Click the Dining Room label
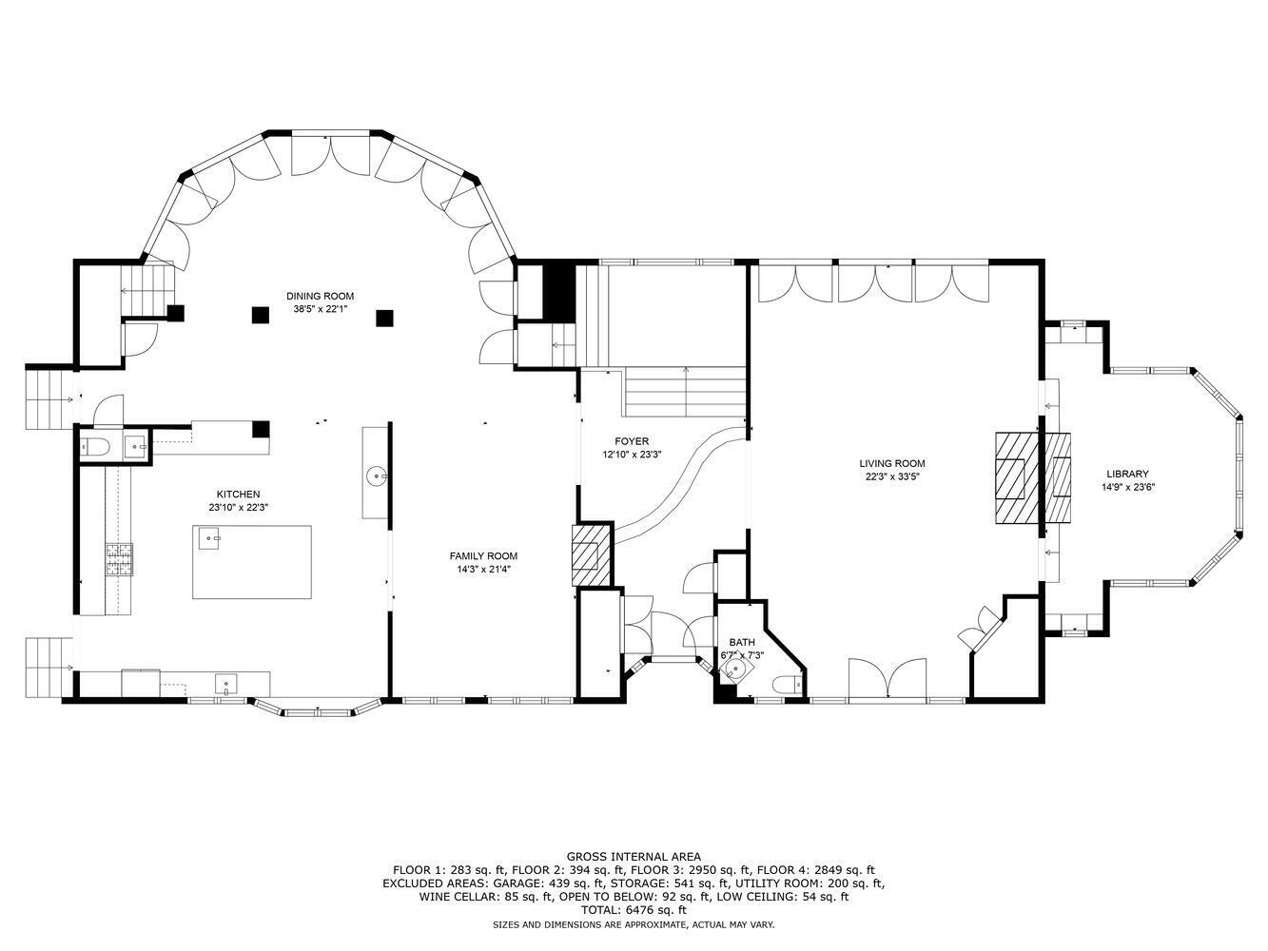pyautogui.click(x=320, y=296)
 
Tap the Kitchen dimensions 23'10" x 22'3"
pyautogui.click(x=239, y=508)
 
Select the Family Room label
pyautogui.click(x=483, y=556)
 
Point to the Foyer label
pyautogui.click(x=632, y=441)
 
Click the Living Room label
pyautogui.click(x=892, y=463)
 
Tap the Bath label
pyautogui.click(x=742, y=642)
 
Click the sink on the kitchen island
pyautogui.click(x=209, y=537)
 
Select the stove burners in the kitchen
pyautogui.click(x=119, y=559)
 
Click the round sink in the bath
pyautogui.click(x=734, y=670)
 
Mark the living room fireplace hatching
pyautogui.click(x=1016, y=478)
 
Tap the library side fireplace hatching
pyautogui.click(x=1057, y=478)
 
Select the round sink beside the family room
pyautogui.click(x=377, y=477)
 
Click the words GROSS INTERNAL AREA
pyautogui.click(x=634, y=857)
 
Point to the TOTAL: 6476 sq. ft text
pyautogui.click(x=634, y=910)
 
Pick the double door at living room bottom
pyautogui.click(x=888, y=680)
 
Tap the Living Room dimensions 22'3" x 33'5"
pyautogui.click(x=892, y=477)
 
